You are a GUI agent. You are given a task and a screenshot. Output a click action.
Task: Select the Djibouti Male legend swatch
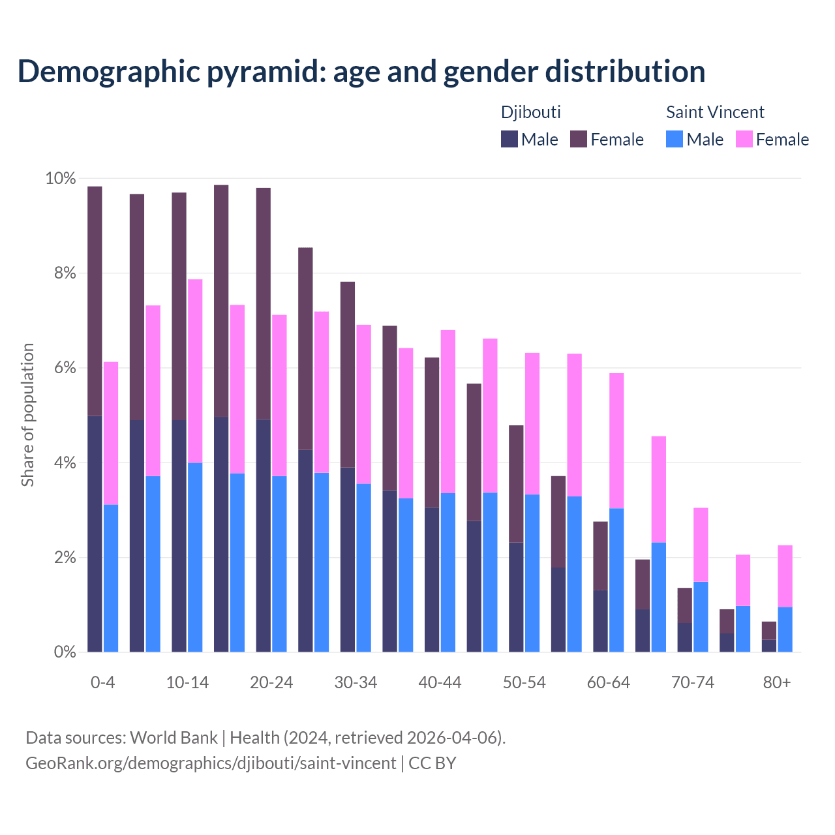(509, 139)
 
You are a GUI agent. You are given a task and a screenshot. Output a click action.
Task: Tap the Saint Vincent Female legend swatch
(744, 139)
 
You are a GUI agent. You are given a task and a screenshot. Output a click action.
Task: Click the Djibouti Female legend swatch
(579, 139)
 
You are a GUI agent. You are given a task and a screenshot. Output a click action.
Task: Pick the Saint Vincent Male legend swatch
(675, 139)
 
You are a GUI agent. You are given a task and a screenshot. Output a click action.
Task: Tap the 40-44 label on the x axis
(440, 682)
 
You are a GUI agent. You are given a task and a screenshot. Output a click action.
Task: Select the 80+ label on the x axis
(777, 682)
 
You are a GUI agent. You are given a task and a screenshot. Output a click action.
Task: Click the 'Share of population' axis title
(27, 415)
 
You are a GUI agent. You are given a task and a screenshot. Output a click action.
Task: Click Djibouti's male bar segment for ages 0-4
(95, 534)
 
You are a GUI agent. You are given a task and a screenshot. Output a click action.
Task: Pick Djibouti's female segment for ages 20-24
(264, 303)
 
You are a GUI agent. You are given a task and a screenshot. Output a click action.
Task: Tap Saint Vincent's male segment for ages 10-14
(195, 557)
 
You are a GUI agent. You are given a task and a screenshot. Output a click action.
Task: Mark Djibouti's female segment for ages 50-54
(516, 484)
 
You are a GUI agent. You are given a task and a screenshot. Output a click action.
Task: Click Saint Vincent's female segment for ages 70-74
(701, 545)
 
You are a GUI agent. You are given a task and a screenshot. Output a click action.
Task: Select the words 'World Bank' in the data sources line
(174, 738)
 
